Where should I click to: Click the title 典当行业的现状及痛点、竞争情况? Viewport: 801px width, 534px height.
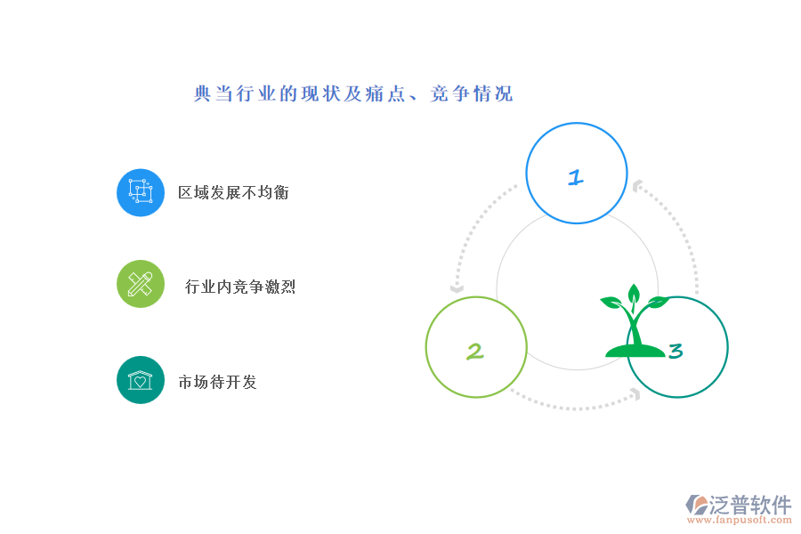coord(353,94)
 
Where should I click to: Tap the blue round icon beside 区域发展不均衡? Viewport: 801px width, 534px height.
coord(141,192)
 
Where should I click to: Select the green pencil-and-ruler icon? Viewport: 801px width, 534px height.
coord(141,284)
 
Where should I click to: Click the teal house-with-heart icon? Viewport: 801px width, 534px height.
coord(141,380)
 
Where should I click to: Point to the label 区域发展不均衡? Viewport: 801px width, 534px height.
coord(233,192)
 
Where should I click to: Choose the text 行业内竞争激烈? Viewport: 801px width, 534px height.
coord(240,287)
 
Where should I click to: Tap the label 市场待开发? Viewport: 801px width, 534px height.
coord(217,382)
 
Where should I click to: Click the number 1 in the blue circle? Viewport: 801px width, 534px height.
coord(576,177)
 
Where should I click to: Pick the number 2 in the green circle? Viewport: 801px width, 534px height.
coord(474,352)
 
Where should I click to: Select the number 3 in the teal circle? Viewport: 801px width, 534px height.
coord(676,351)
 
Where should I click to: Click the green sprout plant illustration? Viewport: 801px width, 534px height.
coord(635,321)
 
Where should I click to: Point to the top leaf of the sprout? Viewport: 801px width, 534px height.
coord(634,294)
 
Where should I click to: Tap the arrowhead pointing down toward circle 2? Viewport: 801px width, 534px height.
coord(457,288)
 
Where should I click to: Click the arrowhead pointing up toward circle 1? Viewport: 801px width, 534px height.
coord(637,186)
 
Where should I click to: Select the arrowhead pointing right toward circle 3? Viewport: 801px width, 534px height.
coord(636,394)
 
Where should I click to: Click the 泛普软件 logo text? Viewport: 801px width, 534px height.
coord(750,505)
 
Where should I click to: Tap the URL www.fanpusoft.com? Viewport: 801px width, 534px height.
coord(740,520)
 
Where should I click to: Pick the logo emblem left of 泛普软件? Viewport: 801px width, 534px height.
coord(697,505)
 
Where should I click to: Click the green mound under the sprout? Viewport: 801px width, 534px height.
coord(635,351)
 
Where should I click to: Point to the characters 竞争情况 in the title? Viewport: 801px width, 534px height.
coord(472,94)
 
